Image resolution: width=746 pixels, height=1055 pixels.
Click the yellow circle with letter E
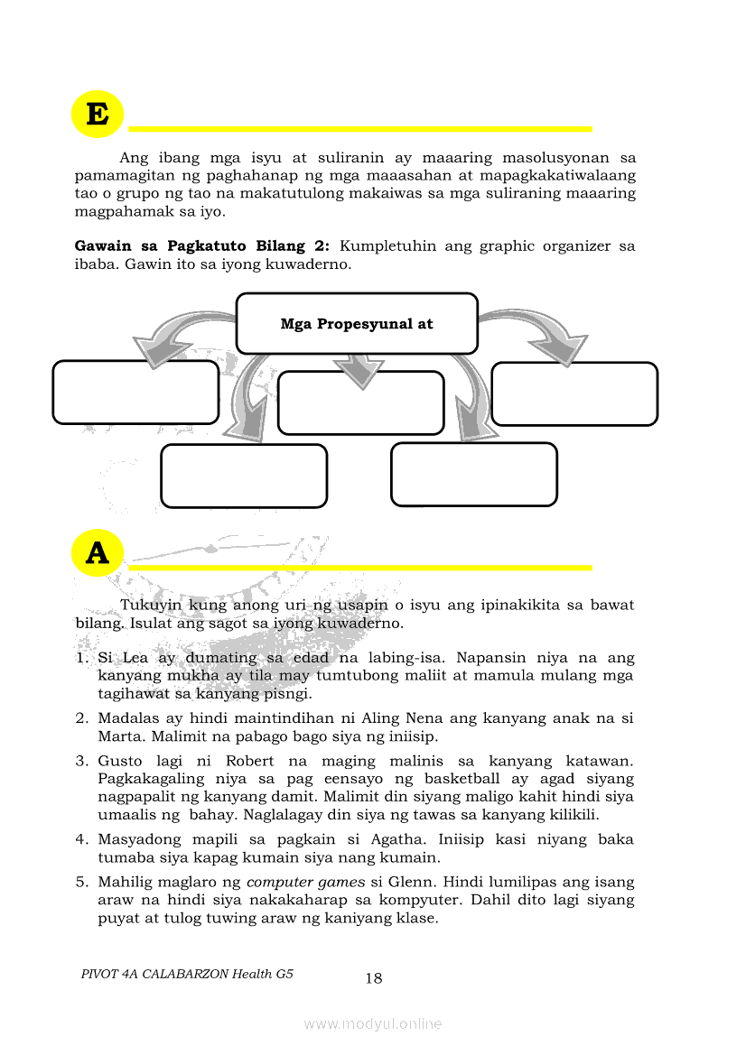click(x=97, y=115)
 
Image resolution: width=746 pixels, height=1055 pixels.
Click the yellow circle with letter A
click(x=97, y=553)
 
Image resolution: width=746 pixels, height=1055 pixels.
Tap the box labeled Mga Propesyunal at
click(x=357, y=323)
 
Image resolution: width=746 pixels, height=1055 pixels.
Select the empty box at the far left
click(x=135, y=392)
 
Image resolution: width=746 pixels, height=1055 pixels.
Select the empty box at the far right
click(x=574, y=393)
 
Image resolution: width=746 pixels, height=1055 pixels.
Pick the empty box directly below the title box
click(x=360, y=403)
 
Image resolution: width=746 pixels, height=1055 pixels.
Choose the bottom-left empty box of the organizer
click(x=244, y=476)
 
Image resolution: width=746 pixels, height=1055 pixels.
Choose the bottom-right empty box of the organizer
click(x=474, y=474)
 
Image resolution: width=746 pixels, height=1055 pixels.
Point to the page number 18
click(x=374, y=978)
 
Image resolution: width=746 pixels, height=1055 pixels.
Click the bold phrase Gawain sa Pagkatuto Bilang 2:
click(x=202, y=245)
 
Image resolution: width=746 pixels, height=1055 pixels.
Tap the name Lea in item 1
click(x=134, y=658)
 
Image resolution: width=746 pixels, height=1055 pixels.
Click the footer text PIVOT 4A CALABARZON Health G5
click(x=187, y=974)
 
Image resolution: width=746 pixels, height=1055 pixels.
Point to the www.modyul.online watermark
click(x=373, y=1023)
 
